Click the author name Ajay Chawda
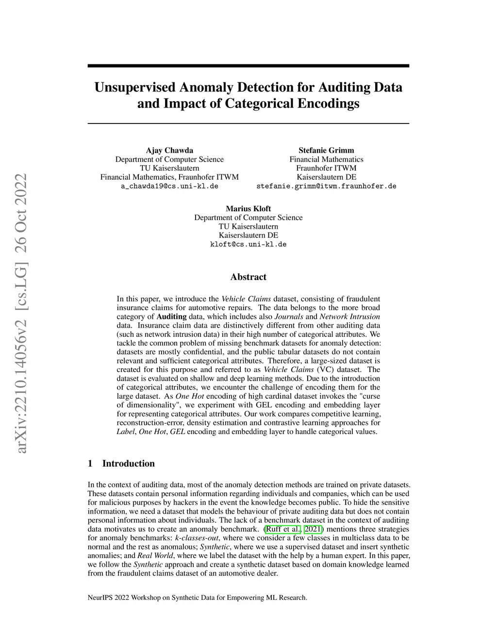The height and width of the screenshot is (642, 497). (x=169, y=150)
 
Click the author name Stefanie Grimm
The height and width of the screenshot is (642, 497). (x=326, y=150)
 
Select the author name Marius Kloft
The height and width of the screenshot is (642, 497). (x=248, y=209)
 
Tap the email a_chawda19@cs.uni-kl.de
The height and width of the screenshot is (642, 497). (x=169, y=186)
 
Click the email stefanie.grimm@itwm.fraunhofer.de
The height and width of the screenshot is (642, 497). (x=326, y=186)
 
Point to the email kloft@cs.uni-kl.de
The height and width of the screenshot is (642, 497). (x=248, y=244)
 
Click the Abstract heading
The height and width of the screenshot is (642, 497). (x=248, y=277)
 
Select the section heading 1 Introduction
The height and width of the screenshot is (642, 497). (x=121, y=464)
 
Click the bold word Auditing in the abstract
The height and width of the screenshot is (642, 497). (x=171, y=316)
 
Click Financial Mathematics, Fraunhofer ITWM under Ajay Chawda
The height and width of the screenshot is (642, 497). (x=169, y=177)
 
